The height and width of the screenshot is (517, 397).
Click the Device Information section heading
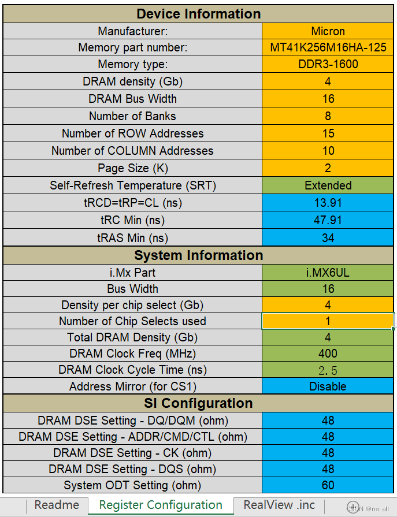[198, 14]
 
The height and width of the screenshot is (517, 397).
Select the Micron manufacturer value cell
[328, 31]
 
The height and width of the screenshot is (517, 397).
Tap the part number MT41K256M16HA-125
[328, 48]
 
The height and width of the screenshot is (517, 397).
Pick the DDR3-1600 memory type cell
[328, 64]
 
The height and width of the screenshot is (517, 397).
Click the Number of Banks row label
[132, 116]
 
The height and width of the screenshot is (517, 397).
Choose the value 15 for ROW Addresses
[328, 133]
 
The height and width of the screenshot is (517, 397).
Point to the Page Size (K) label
[132, 168]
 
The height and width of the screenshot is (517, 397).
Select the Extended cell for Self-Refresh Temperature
[328, 185]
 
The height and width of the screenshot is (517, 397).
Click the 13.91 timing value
[328, 203]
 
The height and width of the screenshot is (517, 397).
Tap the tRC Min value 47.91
[328, 220]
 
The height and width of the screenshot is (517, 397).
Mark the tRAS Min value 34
[328, 237]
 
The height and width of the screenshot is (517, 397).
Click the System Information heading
[198, 255]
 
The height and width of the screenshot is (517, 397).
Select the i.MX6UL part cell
[328, 273]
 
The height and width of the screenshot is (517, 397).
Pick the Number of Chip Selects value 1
[328, 321]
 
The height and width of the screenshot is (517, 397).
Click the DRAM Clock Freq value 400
[328, 354]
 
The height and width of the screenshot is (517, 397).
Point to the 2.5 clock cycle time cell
[328, 370]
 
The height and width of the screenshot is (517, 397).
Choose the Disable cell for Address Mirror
[328, 386]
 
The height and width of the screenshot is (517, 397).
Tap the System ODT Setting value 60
[328, 485]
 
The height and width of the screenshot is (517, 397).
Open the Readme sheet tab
[57, 505]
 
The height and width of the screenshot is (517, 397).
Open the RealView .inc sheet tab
[279, 505]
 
